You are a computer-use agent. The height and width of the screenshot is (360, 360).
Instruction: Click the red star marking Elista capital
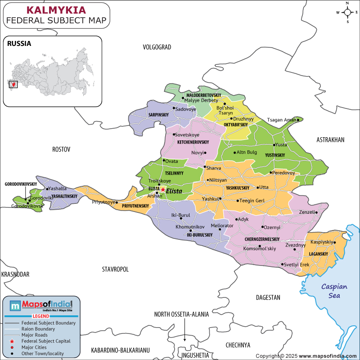pos(162,190)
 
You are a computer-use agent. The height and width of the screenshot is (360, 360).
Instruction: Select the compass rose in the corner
pos(347,12)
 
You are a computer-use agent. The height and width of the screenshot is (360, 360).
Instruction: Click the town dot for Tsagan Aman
pos(298,120)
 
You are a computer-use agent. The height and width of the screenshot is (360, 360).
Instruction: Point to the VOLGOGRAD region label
pos(157,47)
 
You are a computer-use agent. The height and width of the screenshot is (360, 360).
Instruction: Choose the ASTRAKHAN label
pos(330,140)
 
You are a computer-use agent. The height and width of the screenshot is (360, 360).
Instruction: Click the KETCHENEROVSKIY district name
pos(193,142)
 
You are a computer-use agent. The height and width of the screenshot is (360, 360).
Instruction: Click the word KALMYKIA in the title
pos(57,10)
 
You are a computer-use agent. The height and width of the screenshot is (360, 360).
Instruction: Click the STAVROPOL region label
pos(115,269)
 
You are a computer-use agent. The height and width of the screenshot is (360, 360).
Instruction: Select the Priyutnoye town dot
pos(117,202)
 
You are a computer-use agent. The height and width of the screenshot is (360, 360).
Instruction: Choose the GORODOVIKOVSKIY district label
pos(21,184)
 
